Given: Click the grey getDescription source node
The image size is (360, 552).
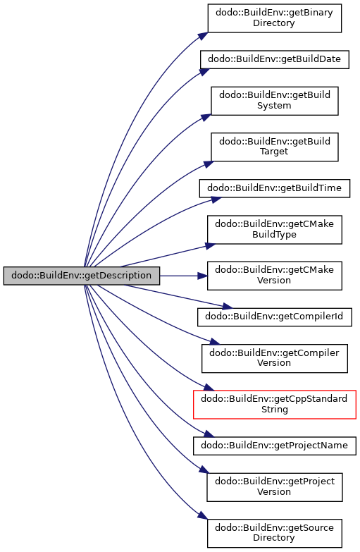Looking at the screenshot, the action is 82,276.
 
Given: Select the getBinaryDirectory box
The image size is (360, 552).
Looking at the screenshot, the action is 275,18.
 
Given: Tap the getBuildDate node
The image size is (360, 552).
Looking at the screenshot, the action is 275,59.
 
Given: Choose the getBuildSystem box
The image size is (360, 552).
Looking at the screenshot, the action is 275,101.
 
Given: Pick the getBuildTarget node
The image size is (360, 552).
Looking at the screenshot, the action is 275,147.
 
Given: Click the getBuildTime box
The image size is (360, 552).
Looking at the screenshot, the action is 275,188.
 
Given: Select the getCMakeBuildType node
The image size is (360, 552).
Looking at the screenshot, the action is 275,230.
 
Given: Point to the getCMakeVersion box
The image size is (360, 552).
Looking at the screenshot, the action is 275,276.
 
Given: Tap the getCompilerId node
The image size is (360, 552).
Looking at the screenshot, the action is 275,317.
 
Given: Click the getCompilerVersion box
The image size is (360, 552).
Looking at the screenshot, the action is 275,358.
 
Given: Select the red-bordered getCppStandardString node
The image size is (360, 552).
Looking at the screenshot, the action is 275,405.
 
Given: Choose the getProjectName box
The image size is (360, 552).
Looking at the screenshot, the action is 275,446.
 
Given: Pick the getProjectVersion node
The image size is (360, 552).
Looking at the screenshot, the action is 275,487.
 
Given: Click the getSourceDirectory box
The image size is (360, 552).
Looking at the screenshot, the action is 275,534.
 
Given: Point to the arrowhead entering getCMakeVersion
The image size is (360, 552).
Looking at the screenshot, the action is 203,276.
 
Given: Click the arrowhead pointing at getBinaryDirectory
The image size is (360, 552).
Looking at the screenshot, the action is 203,36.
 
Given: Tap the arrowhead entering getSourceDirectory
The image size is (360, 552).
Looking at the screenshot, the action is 202,515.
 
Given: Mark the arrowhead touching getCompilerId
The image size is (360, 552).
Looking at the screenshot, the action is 228,306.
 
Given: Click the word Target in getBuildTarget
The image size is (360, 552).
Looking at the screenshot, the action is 274,152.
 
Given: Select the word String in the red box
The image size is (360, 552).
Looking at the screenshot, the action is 275,410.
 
